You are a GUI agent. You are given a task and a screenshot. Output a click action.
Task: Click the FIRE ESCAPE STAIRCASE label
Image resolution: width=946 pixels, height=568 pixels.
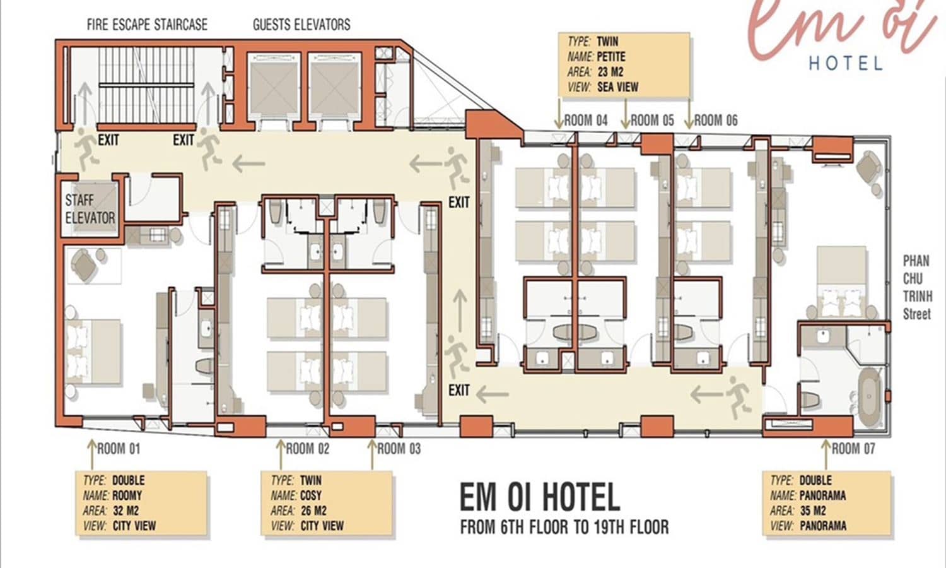tap(147, 25)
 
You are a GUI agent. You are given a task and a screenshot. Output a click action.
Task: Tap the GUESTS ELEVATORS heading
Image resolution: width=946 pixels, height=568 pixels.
tap(301, 25)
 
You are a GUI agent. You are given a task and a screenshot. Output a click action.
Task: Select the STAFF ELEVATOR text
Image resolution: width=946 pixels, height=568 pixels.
tap(90, 209)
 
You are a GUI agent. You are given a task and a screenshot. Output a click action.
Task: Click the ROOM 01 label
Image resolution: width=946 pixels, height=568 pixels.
tap(119, 448)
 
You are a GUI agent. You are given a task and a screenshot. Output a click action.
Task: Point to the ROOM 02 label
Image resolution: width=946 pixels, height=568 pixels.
tap(308, 448)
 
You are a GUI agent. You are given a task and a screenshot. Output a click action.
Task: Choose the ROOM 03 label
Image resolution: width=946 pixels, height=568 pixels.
tap(399, 448)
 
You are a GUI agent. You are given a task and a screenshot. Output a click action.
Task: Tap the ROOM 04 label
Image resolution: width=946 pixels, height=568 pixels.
tap(586, 121)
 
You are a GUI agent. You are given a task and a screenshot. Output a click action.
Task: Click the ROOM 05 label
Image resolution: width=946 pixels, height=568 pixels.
tap(652, 121)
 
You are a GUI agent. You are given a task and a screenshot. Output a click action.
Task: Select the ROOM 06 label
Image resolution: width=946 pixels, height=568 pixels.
tap(716, 121)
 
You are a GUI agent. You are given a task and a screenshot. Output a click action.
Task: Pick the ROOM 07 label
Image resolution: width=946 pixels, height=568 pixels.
tap(853, 448)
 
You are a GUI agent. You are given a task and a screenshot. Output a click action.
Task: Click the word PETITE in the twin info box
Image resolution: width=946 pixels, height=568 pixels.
tap(611, 57)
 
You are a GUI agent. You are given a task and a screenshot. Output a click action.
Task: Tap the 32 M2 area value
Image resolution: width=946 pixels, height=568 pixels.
tap(126, 511)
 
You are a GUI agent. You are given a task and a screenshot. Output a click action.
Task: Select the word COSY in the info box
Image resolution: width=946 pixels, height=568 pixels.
tap(311, 495)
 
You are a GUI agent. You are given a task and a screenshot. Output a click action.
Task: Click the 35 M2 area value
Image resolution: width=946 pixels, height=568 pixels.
tap(813, 511)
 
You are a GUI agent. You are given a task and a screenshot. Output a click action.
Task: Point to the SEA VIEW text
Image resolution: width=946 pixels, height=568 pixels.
tap(618, 87)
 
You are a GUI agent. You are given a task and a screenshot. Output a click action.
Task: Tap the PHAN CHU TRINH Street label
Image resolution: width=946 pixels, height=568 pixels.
tap(917, 287)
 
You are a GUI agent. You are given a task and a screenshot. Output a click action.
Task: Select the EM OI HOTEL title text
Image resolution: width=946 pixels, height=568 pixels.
tap(540, 497)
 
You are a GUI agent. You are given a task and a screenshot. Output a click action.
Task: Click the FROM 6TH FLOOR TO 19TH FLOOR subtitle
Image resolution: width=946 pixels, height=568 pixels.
tap(564, 527)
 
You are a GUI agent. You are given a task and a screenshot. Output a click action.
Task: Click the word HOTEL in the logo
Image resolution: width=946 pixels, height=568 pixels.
tap(846, 64)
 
